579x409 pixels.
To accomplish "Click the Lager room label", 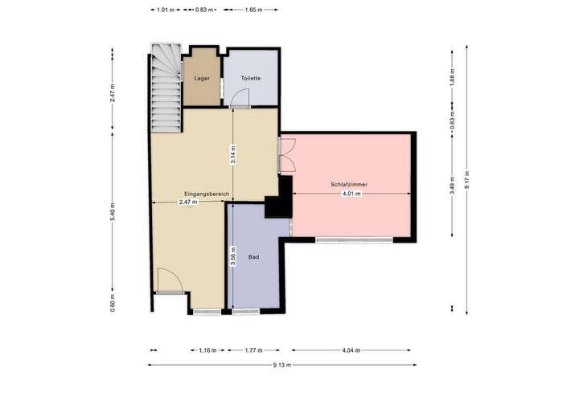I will coord(202,78).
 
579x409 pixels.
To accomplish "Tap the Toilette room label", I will coord(251,78).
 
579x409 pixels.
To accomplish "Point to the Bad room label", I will coord(253,257).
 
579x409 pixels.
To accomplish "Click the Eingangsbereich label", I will coord(207,194).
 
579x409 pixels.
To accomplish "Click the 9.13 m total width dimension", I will coord(281,365).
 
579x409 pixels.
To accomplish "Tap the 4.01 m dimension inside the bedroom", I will coord(351,194).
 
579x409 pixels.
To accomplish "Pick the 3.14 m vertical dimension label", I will coord(233,154).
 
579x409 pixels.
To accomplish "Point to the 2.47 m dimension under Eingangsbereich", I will coord(187,202).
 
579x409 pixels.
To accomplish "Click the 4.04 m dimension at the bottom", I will coord(351,350).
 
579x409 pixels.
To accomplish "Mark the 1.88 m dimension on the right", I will coord(453,78).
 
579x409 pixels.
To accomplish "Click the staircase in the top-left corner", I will coord(166,88).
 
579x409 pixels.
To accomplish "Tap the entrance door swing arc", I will coord(168,281).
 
